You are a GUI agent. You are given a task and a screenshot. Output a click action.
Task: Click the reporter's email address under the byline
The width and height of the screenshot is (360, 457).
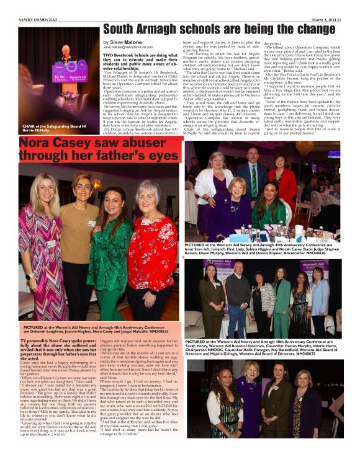pyautogui.click(x=128, y=47)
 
